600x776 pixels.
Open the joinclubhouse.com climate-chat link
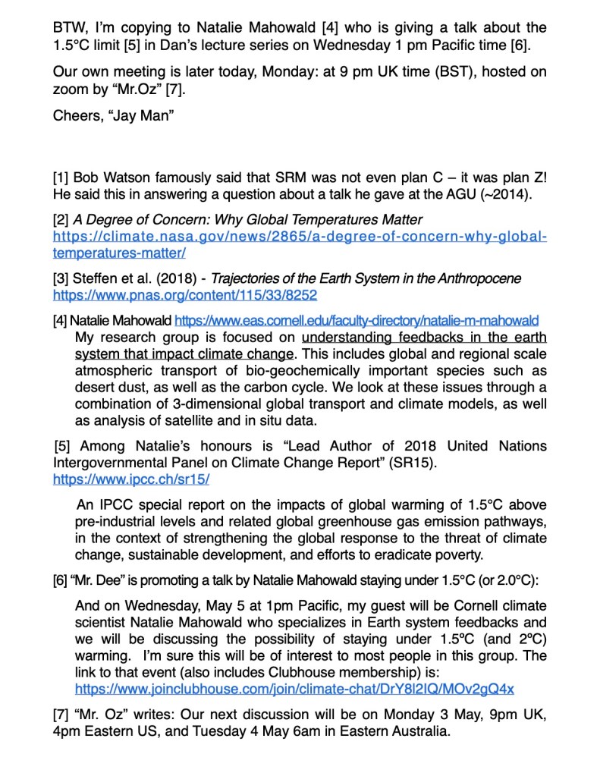point(294,689)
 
